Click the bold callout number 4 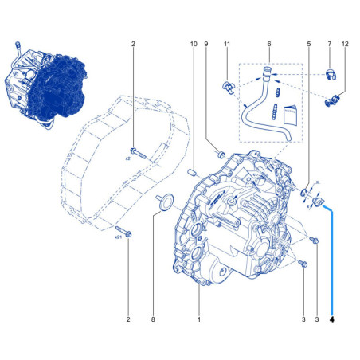point(332,319)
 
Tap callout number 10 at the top point(194,44)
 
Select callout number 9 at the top point(206,44)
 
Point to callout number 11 point(227,44)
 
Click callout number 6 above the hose point(269,44)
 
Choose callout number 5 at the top point(309,44)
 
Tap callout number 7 point(330,44)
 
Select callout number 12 point(345,44)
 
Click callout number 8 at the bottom point(153,319)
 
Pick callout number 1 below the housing point(199,319)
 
